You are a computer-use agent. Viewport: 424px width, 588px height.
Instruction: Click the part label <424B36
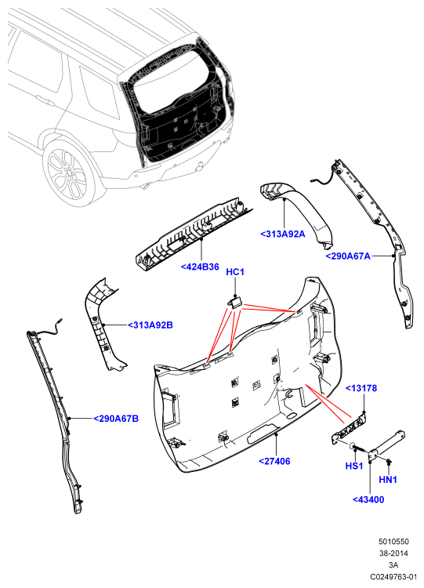pos(200,267)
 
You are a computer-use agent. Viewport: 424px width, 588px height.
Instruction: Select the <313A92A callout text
pos(283,234)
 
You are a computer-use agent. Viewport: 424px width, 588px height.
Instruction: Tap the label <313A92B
pos(150,325)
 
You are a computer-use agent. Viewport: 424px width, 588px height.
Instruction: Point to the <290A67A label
pos(348,256)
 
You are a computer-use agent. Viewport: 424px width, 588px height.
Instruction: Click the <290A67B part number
pos(116,419)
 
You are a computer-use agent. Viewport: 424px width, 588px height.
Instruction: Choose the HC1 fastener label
pos(235,272)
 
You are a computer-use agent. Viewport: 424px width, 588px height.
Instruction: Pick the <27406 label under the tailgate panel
pos(274,461)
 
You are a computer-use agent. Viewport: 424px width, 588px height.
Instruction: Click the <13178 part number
pos(361,388)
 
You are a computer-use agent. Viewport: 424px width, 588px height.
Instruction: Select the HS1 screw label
pos(354,466)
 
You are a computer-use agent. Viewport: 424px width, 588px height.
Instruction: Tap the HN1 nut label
pos(388,479)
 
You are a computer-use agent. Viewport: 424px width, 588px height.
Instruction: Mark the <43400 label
pos(368,499)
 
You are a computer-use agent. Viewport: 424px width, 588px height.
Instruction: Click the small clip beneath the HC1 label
pos(235,302)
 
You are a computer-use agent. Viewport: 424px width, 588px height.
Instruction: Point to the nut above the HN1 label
pos(389,462)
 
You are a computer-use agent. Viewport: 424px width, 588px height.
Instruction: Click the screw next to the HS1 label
pos(361,448)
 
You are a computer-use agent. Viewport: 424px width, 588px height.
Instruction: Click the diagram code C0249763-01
pos(393,577)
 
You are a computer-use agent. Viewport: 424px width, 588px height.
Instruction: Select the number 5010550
pos(393,542)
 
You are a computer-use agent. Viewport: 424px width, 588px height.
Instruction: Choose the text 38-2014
pos(393,554)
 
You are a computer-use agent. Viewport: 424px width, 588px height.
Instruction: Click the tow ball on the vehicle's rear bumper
pos(201,165)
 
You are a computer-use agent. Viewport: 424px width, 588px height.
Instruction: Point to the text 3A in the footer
pos(393,565)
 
